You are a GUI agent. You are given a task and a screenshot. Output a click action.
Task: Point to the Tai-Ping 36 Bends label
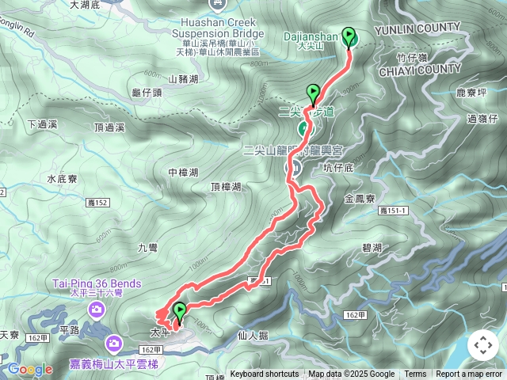97,283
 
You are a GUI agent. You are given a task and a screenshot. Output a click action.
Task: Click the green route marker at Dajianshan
349,37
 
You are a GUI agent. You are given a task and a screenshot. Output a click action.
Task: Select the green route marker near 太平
180,311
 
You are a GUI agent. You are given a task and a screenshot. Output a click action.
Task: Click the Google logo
31,369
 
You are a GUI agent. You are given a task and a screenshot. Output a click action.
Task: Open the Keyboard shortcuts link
264,374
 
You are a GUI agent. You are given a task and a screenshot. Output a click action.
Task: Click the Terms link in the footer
415,374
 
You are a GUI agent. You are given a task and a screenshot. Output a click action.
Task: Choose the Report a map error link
469,374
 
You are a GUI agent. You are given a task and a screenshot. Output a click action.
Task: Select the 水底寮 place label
62,180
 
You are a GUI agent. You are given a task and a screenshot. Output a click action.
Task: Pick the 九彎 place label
148,248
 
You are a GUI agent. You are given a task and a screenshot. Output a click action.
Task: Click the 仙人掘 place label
253,336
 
